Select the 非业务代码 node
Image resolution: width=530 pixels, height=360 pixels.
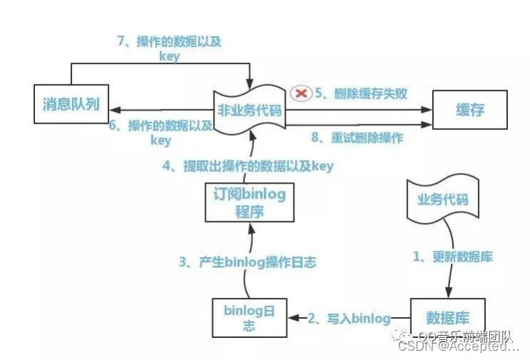(251, 111)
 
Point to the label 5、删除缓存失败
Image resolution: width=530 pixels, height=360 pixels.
(361, 93)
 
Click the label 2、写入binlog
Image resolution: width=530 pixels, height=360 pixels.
(350, 318)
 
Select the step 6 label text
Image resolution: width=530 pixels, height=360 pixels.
(161, 132)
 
